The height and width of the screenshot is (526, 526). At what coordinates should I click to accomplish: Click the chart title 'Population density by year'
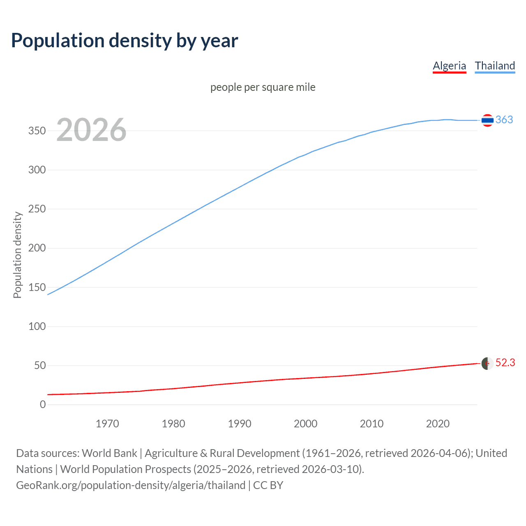point(125,41)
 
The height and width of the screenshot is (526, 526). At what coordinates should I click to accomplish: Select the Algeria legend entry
point(449,66)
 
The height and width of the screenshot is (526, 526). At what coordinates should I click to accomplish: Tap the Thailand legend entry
point(495,66)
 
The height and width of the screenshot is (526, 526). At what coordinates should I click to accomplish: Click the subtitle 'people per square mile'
point(263,87)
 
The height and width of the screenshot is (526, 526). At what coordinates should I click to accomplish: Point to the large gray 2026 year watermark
point(91,130)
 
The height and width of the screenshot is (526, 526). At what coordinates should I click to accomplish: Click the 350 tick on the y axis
point(37,131)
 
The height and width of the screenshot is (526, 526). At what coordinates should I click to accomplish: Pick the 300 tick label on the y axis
point(37,170)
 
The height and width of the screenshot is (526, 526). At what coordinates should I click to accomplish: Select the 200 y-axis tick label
point(37,248)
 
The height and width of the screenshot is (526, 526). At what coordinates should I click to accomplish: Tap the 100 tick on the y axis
point(37,326)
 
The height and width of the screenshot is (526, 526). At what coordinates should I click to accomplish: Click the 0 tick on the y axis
point(43,404)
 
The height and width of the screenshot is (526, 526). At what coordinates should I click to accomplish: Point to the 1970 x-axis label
point(107,424)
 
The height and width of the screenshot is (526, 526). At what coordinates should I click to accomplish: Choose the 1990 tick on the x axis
point(240,424)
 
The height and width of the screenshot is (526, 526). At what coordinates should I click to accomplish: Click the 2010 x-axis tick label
point(371,424)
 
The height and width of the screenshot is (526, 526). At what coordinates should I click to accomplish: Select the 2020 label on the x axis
point(438,424)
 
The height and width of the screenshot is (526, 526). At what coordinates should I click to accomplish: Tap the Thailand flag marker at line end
point(487,120)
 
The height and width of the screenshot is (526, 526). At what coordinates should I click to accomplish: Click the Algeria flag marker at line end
point(487,363)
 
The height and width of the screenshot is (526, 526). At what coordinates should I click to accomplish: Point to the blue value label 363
point(504,120)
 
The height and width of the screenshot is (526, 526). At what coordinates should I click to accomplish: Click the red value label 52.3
point(505,363)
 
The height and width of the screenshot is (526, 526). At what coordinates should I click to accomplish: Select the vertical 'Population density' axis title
point(17,255)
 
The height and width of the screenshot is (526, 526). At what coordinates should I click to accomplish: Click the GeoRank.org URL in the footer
point(131,485)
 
